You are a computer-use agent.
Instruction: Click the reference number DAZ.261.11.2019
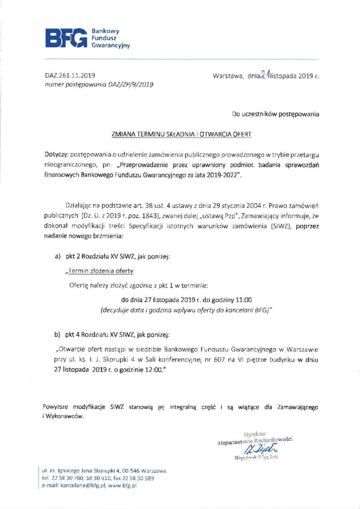[x=69, y=76]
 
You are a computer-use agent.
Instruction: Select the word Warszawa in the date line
[x=227, y=76]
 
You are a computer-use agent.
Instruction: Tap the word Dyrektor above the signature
[x=256, y=434]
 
